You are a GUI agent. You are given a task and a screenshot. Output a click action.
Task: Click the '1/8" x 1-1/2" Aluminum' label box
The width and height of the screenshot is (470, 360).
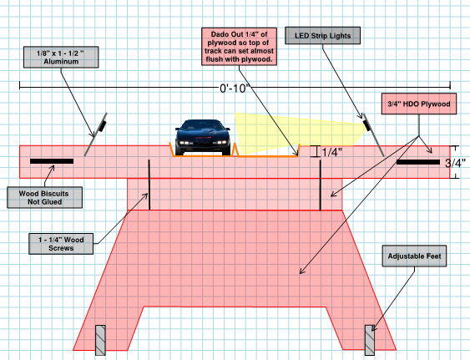(61, 58)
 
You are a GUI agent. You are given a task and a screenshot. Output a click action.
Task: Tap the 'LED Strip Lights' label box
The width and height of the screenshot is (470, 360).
(322, 36)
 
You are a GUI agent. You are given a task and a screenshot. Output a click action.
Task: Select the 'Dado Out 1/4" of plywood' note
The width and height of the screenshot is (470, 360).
(239, 47)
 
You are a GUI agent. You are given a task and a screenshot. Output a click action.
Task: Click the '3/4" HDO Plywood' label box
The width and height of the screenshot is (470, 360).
(419, 104)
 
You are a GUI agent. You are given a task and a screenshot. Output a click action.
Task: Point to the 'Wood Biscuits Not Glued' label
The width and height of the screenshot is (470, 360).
(44, 198)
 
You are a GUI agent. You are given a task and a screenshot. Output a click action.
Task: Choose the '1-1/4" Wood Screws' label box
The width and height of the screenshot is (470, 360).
(61, 244)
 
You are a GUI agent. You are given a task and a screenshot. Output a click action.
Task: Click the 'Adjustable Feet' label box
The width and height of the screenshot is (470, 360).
(414, 256)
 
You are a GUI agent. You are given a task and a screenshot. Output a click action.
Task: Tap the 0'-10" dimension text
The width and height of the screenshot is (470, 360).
(235, 89)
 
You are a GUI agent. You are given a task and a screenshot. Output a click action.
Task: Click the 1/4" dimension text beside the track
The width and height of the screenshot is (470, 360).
(331, 152)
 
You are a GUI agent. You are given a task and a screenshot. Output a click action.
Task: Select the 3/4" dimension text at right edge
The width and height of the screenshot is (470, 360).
(455, 163)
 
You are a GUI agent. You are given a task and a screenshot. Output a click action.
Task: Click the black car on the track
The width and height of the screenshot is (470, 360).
(203, 137)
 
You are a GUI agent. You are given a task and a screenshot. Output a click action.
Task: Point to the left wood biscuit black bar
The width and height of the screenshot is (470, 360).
(52, 161)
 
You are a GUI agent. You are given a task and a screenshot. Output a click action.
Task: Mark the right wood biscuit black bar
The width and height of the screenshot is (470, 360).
(418, 162)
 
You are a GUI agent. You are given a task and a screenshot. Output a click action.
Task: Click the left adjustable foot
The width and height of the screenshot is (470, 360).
(100, 340)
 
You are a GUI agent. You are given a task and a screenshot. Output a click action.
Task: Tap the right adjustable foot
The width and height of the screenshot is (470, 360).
(370, 340)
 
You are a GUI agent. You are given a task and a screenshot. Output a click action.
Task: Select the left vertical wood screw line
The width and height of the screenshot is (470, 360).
(149, 185)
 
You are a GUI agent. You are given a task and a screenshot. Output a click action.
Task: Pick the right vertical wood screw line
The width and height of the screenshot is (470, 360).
(321, 185)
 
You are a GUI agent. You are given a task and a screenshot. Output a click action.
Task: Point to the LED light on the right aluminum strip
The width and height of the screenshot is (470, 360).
(366, 125)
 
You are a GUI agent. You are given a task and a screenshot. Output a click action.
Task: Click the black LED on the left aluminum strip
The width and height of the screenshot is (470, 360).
(102, 126)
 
